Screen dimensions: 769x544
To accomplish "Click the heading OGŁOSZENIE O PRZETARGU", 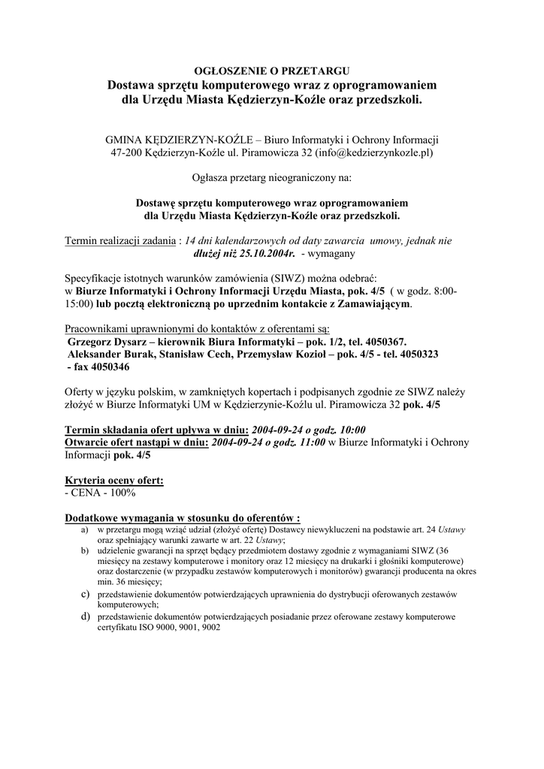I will [x=272, y=71].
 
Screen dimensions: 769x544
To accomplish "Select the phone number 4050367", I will [x=385, y=340].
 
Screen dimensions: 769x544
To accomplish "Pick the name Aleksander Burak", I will [x=110, y=353].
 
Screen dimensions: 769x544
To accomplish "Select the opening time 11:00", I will [x=310, y=442].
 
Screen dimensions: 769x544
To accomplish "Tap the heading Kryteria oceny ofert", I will [x=114, y=480].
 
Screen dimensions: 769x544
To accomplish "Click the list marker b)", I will [x=85, y=550].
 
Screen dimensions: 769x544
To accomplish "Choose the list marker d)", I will [x=86, y=616].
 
